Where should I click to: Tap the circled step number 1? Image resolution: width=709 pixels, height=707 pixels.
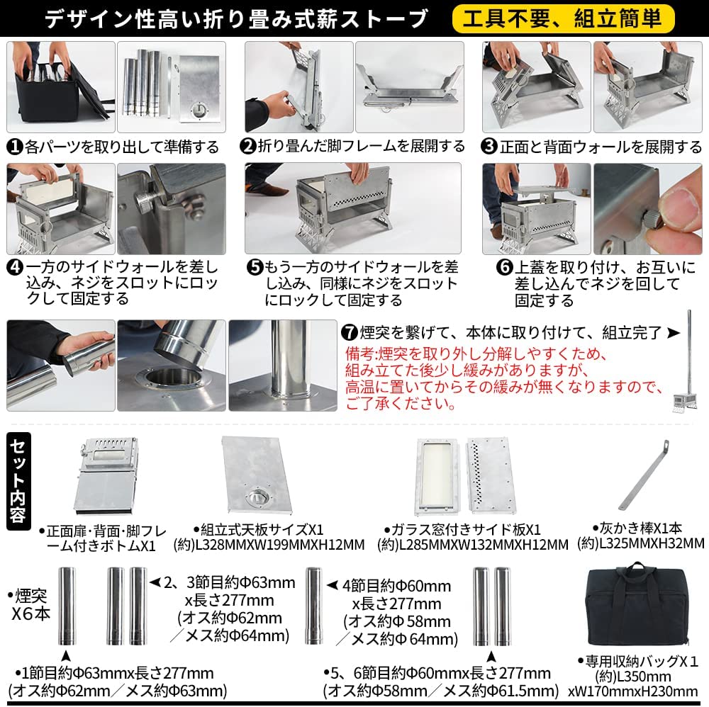tap(15, 147)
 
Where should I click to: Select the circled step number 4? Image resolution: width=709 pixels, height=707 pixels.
tap(15, 267)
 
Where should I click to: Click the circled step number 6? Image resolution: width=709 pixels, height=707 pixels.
tap(504, 267)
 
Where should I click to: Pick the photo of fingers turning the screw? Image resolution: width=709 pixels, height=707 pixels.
tap(647, 209)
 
